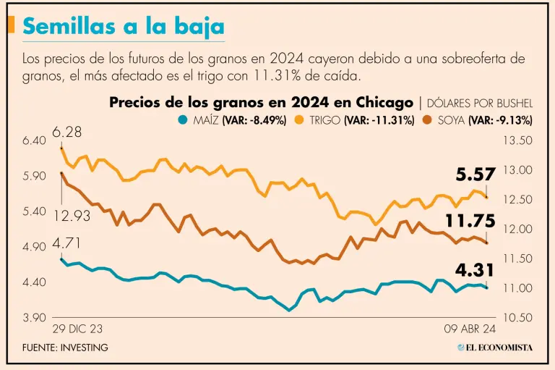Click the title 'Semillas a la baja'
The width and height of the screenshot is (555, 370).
124,27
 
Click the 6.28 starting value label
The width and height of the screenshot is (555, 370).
66,133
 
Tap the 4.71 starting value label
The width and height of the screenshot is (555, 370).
66,243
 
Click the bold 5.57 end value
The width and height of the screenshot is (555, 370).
476,175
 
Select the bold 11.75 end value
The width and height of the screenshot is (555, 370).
469,221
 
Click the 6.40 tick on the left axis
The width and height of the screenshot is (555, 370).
35,140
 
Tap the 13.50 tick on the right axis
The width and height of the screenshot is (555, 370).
516,140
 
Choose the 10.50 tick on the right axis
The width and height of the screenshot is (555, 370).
516,318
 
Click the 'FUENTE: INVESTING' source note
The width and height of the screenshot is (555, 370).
65,348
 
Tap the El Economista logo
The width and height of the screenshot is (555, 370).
495,348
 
